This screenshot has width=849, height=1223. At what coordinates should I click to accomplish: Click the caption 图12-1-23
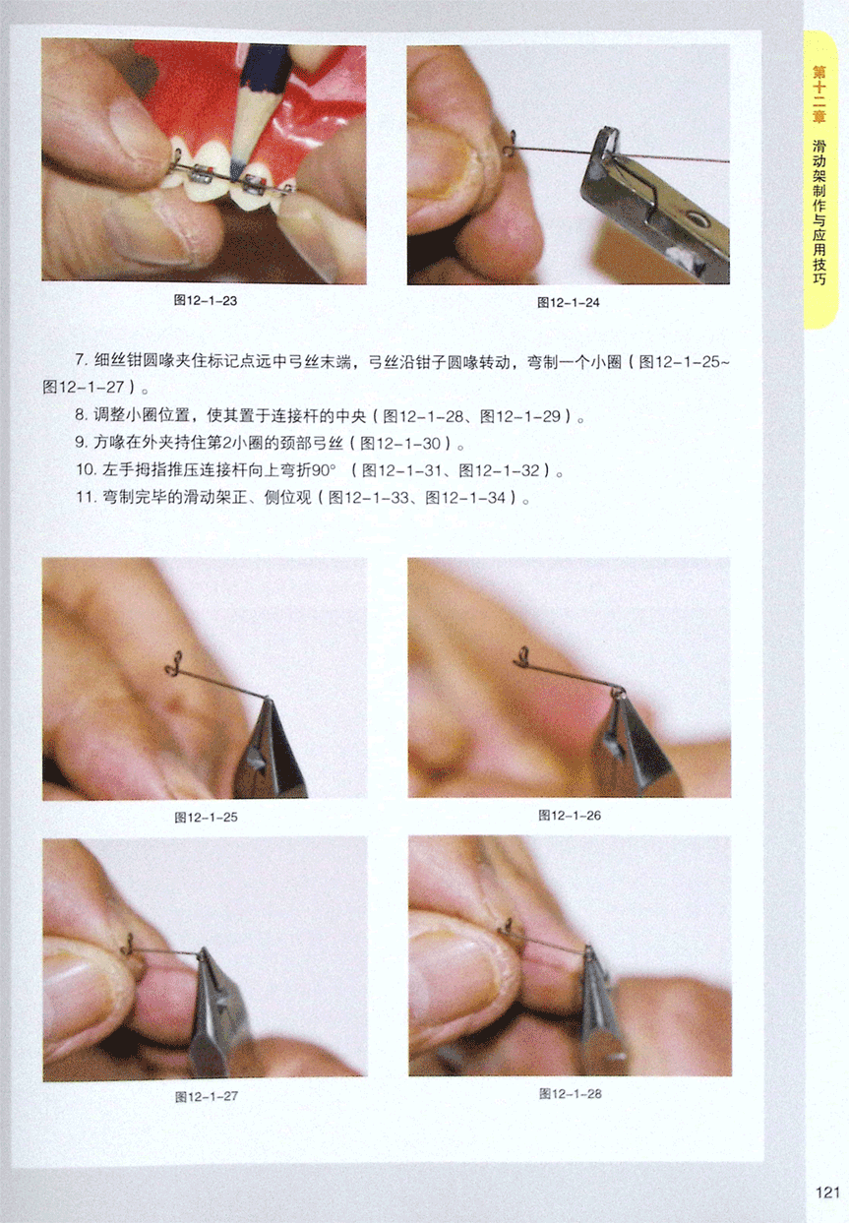[x=206, y=300]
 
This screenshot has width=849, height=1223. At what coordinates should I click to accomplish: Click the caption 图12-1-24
[x=569, y=302]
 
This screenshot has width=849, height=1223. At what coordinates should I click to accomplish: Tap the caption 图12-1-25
[x=206, y=818]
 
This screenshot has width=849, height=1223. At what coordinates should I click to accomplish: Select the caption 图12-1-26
[x=570, y=815]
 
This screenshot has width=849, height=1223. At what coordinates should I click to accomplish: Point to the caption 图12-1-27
[x=207, y=1096]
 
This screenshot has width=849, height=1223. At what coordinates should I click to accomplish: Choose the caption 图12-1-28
[x=570, y=1093]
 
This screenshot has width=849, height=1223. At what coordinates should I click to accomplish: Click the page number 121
[x=827, y=1192]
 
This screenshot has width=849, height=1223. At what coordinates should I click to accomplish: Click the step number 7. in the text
[x=82, y=361]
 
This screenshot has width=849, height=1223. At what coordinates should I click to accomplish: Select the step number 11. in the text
[x=87, y=498]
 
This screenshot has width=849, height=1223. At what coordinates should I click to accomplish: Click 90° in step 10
[x=325, y=470]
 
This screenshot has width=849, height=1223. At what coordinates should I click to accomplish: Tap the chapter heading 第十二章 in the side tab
[x=819, y=94]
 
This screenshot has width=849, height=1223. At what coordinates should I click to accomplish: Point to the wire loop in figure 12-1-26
[x=523, y=658]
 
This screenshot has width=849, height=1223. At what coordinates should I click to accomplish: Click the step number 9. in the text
[x=82, y=443]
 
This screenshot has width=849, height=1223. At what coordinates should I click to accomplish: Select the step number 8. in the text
[x=82, y=416]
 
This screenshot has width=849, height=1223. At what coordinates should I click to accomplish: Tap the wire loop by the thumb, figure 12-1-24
[x=511, y=143]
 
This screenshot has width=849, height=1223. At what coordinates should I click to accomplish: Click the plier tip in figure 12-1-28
[x=588, y=952]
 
